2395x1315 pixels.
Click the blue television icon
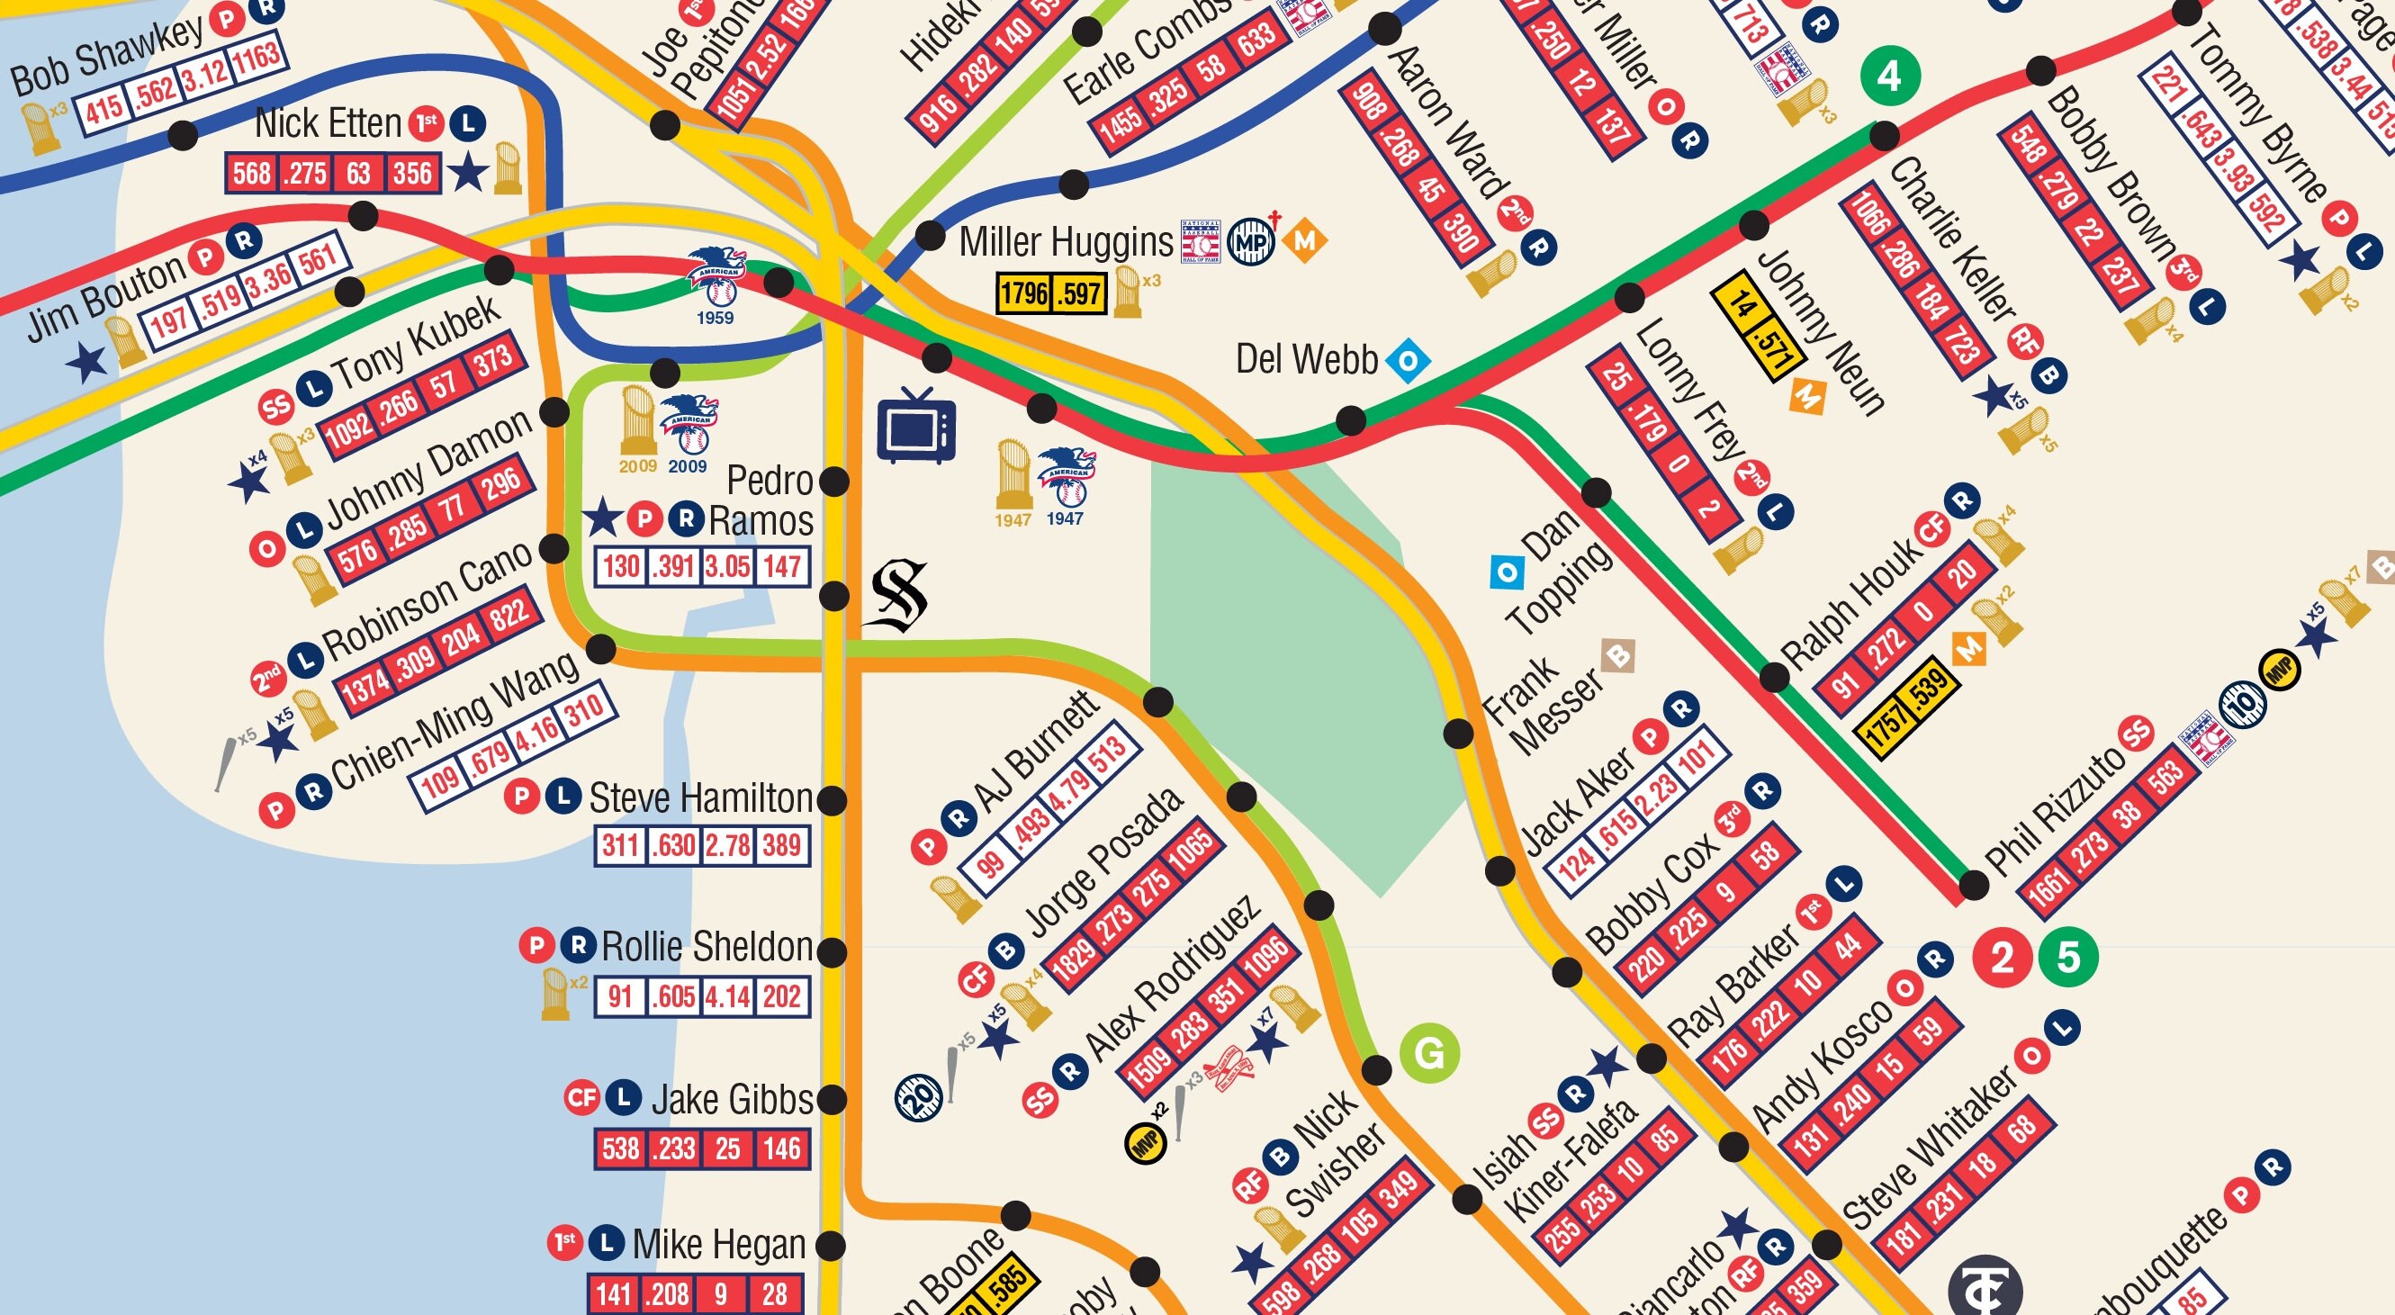pos(916,427)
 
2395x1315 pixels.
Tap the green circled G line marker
pos(1429,1053)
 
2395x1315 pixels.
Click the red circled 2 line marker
pos(2002,957)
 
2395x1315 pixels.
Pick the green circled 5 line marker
pos(2067,957)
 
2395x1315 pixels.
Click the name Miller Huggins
pos(1066,242)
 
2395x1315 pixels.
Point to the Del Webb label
pos(1306,360)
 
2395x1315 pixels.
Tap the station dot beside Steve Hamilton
pos(833,799)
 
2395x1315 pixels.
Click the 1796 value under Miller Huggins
pos(1023,294)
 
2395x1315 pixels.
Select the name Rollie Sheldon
pos(707,947)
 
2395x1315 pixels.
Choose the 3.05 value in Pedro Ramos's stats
pos(726,565)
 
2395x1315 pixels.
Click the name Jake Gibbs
pos(732,1099)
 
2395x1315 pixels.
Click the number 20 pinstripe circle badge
pos(919,1095)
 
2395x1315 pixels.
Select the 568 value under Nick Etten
pos(252,173)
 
